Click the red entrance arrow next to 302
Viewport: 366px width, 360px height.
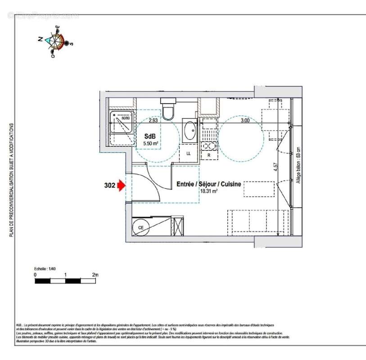[121, 185]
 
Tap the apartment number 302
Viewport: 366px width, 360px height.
[108, 185]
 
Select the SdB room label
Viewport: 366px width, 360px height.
[149, 136]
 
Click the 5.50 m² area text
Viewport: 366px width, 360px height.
[150, 144]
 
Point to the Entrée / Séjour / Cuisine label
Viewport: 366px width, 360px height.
[208, 184]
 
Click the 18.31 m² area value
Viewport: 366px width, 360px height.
[209, 191]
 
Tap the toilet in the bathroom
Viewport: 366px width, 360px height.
[169, 110]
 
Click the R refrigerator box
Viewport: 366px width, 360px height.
[208, 154]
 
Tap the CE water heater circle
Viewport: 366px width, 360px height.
[140, 228]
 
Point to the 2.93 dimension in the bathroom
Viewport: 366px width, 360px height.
[153, 120]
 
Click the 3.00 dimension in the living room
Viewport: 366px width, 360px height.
[244, 120]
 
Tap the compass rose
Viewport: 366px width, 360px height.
[57, 42]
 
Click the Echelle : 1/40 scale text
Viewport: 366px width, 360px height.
[46, 268]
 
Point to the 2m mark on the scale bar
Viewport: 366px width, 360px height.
[95, 274]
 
